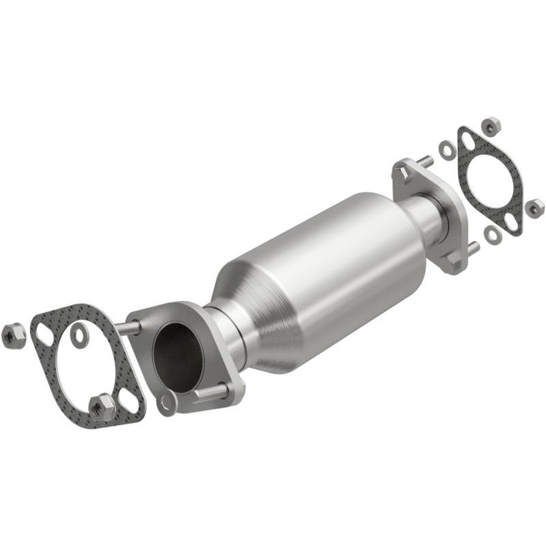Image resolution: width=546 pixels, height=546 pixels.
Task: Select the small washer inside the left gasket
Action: [80, 334]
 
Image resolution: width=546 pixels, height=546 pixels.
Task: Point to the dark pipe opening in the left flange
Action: [179, 355]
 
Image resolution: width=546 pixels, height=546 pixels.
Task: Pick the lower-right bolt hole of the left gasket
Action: [128, 403]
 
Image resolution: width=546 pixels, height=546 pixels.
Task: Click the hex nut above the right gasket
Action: [490, 126]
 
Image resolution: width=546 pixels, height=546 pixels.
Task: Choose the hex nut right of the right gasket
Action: [534, 207]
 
